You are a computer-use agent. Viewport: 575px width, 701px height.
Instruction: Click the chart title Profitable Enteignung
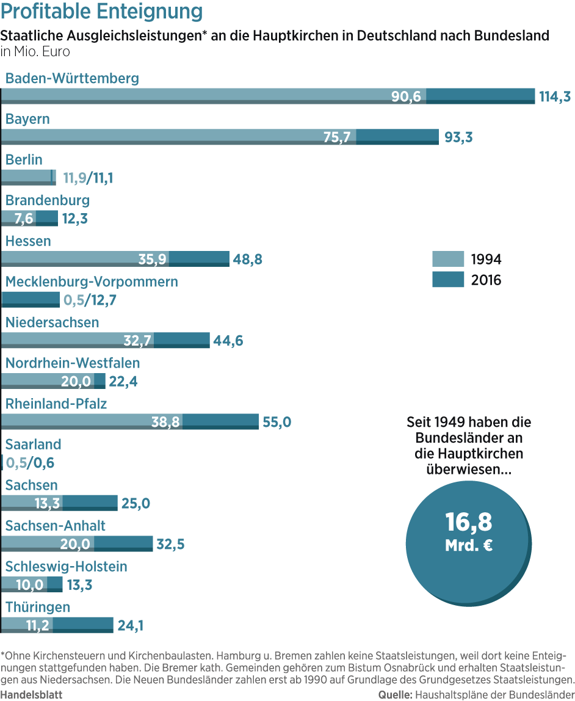point(103,12)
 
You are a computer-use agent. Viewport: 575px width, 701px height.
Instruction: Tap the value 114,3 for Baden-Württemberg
point(554,96)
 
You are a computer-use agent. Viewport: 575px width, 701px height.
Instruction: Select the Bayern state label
point(27,119)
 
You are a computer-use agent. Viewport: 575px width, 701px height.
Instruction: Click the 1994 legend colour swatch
point(447,259)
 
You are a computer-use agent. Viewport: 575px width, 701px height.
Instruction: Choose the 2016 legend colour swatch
point(447,280)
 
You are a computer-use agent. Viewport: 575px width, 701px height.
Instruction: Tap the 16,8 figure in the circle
point(468,523)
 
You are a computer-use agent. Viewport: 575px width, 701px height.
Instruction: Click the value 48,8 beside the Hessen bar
point(247,259)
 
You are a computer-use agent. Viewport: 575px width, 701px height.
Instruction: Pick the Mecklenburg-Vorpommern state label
point(92,281)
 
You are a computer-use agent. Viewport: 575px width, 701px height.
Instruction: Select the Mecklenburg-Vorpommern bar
point(31,299)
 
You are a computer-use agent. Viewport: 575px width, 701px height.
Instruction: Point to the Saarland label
point(33,445)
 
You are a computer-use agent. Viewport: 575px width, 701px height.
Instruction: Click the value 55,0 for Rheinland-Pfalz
point(277,421)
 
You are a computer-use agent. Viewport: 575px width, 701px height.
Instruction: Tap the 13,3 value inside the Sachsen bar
point(47,503)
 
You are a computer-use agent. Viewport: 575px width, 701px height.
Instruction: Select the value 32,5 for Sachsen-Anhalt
point(170,543)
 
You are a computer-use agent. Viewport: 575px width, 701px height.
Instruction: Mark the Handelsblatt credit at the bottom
point(31,694)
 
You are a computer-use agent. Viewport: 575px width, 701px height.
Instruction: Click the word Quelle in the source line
point(394,694)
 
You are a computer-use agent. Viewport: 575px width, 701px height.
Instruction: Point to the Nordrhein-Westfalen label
point(72,363)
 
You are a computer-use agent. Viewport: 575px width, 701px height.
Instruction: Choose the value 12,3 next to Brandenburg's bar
point(74,218)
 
